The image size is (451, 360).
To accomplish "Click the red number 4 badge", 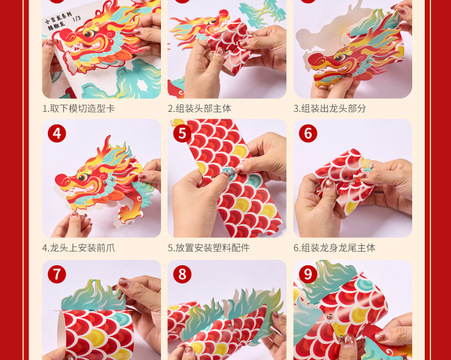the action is [57, 134].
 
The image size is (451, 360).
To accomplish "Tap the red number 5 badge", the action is [182, 134].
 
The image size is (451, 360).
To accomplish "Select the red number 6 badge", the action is [308, 134].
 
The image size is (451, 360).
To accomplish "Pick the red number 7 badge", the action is [57, 274].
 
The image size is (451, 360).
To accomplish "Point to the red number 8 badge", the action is [182, 274].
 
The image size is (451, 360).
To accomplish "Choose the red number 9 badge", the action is [308, 274].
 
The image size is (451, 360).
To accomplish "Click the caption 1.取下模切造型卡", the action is [79, 108].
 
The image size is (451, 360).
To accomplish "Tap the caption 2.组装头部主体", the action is [200, 108].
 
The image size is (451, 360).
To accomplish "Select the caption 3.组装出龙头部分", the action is [330, 108].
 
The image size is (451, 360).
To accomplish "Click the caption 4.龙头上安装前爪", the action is [79, 248].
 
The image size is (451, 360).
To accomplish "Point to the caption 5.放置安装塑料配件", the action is [209, 248].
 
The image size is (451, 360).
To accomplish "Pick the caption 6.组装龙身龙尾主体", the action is [335, 248].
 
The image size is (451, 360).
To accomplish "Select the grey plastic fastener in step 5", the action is [229, 172].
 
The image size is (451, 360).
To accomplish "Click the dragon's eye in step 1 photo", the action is [90, 33].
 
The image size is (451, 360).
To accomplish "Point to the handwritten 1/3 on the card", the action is [76, 19].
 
